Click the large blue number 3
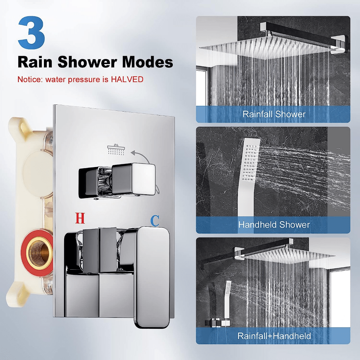[31, 32]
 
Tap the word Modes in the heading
[147, 62]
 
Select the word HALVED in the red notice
[127, 79]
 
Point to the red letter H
[80, 218]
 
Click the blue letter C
[155, 221]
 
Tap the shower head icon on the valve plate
[116, 149]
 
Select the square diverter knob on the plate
[133, 179]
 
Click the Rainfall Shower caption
[274, 114]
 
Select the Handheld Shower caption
[274, 225]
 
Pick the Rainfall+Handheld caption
[274, 336]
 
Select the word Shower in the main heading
[87, 62]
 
